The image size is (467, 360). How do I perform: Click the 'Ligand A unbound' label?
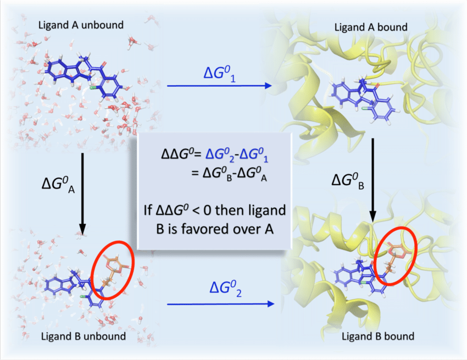(x=80, y=25)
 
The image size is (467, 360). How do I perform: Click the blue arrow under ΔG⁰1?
(x=220, y=86)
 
